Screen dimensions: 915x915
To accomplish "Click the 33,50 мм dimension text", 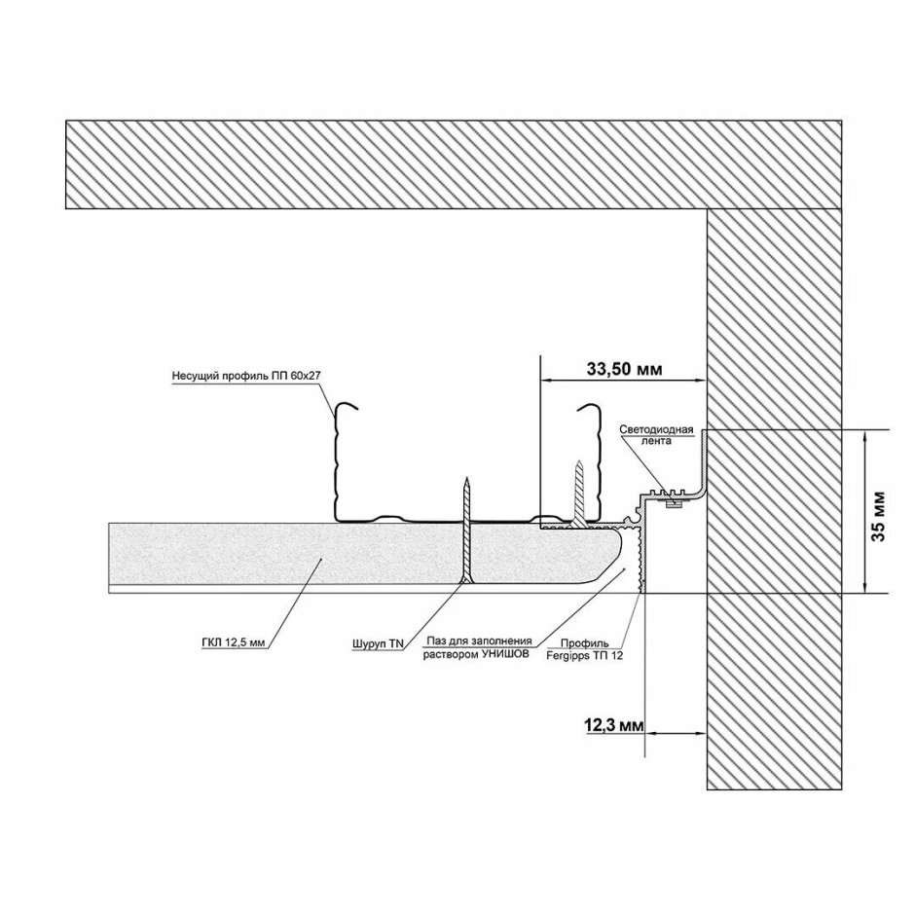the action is tap(624, 369).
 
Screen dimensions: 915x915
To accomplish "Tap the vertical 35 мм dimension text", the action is tap(878, 517).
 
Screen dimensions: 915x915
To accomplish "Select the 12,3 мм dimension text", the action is tap(614, 725).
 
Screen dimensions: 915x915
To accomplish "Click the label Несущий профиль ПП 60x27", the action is tap(246, 376).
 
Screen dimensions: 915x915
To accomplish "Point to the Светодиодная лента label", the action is tap(656, 435).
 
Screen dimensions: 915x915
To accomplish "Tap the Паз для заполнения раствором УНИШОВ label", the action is tap(477, 647).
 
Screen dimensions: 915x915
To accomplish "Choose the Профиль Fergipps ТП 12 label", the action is tap(584, 649).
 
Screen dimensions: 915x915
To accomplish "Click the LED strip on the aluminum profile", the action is tap(674, 500).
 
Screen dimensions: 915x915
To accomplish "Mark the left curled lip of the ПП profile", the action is tap(346, 408).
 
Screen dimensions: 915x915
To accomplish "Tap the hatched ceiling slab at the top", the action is tap(454, 165).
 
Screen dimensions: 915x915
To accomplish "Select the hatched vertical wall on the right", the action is tap(775, 499).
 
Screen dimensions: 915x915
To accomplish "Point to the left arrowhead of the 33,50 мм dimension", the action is tap(547, 380).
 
